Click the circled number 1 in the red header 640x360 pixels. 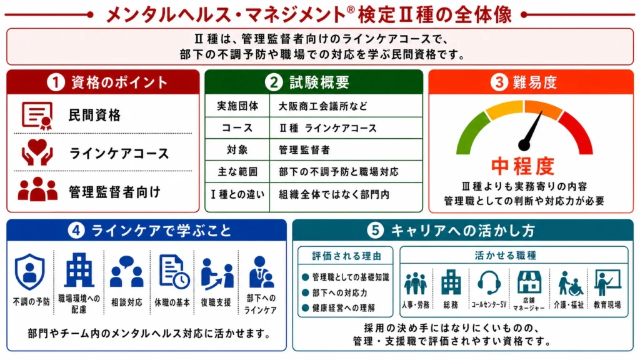(x=56, y=82)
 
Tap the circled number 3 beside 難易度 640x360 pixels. (x=499, y=82)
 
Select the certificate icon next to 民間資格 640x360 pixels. (x=37, y=116)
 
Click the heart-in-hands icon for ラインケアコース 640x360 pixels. (x=37, y=152)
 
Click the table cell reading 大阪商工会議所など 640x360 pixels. (x=323, y=106)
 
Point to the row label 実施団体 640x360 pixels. (x=237, y=106)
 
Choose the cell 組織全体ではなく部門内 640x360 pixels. (x=334, y=194)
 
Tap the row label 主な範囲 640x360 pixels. (x=237, y=172)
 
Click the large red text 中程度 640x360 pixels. (x=523, y=166)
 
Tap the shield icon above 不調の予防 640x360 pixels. (x=30, y=272)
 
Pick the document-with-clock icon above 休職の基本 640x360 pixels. (x=174, y=271)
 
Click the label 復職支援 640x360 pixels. (x=216, y=302)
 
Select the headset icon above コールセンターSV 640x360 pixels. (x=489, y=282)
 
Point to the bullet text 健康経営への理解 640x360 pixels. (x=343, y=307)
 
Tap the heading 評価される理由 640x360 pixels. (x=346, y=256)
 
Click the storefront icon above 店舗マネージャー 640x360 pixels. (x=529, y=282)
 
